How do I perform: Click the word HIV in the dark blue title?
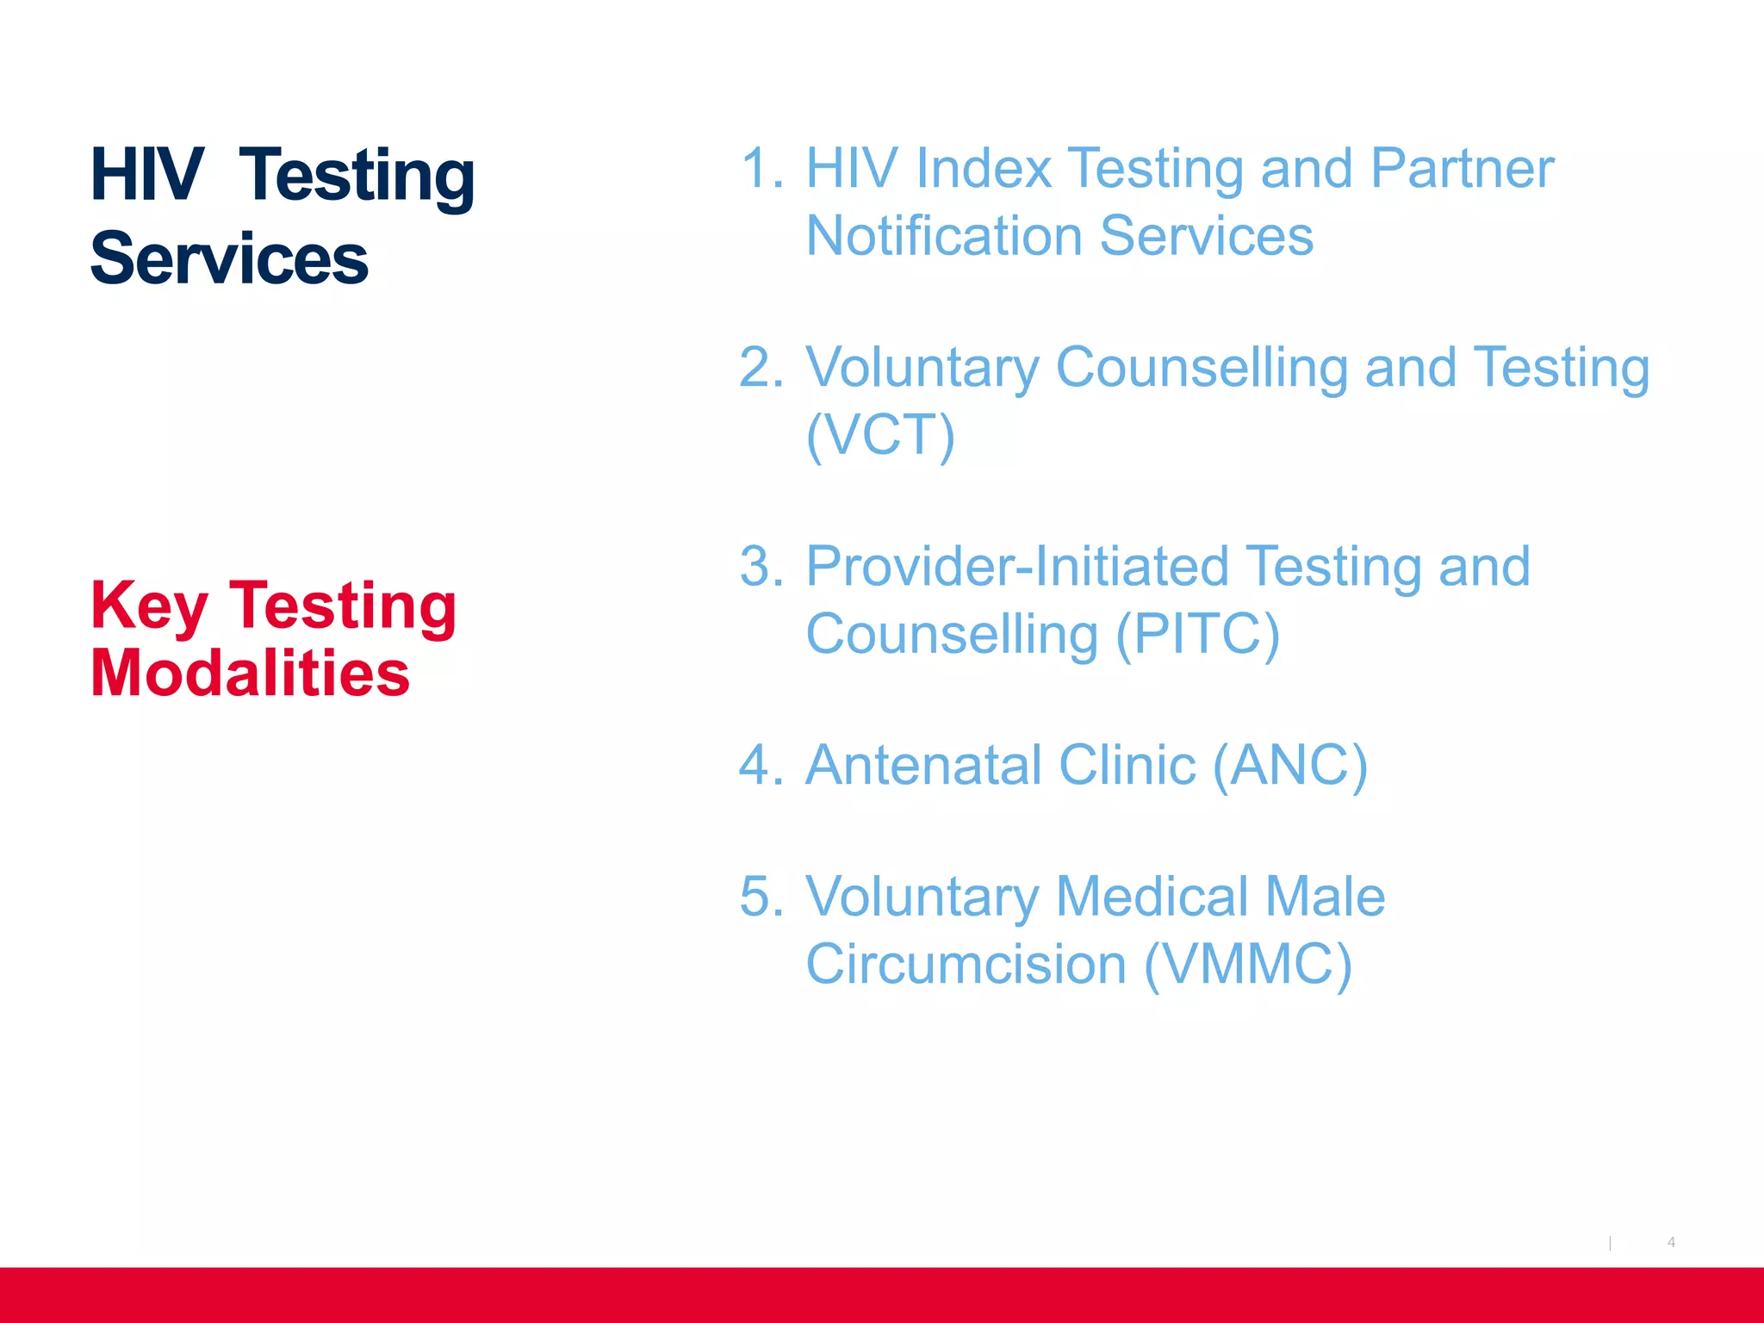point(147,175)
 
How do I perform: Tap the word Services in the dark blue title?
point(229,258)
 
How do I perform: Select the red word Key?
point(149,606)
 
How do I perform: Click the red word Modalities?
point(250,673)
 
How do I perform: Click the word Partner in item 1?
point(1462,168)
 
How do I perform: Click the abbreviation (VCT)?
point(880,435)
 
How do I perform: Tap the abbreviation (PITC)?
point(1197,635)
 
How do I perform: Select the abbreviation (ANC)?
point(1289,766)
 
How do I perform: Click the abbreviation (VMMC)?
point(1248,965)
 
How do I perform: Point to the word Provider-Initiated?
point(1017,567)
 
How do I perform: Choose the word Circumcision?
point(966,965)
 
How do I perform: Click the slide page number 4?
point(1671,1242)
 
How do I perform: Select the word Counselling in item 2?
point(1202,369)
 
